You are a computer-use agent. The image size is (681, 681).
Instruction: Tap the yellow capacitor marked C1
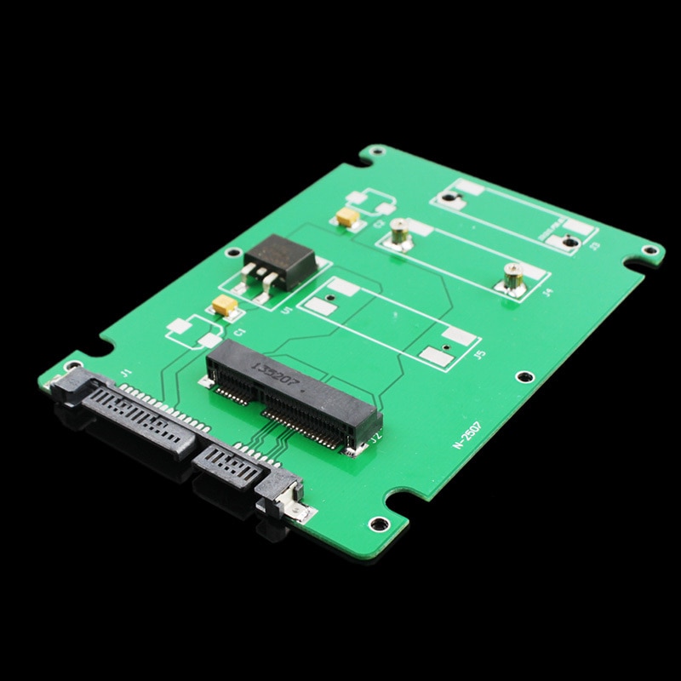225,306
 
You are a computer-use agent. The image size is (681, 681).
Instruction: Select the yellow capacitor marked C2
346,218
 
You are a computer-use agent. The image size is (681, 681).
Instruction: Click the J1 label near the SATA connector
126,372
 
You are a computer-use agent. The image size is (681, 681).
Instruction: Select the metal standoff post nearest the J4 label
512,274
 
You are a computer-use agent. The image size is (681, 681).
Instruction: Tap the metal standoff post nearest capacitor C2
397,228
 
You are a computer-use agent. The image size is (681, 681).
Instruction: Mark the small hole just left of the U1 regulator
228,253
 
